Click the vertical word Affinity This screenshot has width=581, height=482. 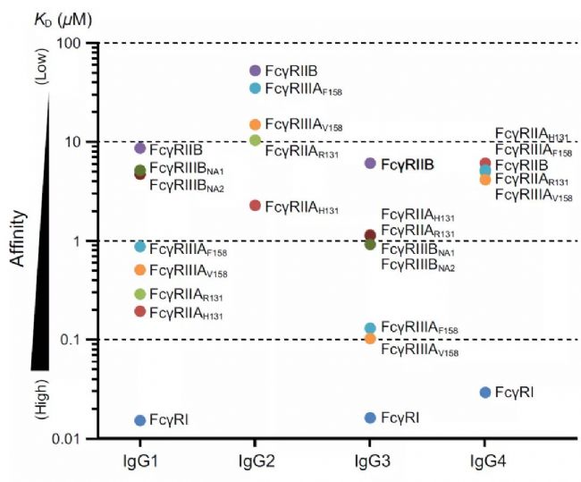(x=17, y=240)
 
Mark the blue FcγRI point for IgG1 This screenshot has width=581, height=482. (x=139, y=420)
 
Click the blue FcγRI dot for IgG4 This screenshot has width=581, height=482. (x=485, y=393)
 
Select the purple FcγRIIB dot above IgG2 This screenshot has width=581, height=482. (x=255, y=71)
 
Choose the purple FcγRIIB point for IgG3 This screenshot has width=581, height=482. (x=370, y=163)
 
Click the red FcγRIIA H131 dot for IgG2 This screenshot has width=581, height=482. (x=255, y=206)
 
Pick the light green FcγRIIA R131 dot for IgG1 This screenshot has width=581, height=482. (x=139, y=294)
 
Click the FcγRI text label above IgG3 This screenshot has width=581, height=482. (x=400, y=419)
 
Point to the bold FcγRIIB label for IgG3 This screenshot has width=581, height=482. (x=408, y=165)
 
